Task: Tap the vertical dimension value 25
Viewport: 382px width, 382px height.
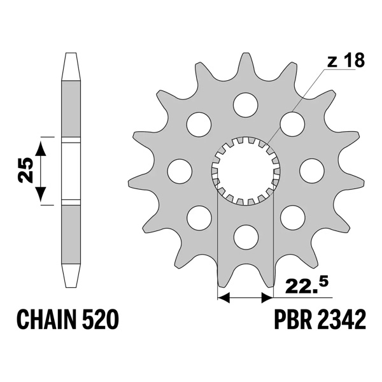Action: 26,170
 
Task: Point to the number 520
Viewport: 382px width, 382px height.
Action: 102,320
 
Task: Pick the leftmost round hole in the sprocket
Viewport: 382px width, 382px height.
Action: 180,170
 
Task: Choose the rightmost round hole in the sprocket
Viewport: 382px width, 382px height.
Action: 311,170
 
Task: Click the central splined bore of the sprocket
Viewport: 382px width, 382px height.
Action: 245,170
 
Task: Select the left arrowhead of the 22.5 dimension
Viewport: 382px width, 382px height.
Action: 223,297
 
